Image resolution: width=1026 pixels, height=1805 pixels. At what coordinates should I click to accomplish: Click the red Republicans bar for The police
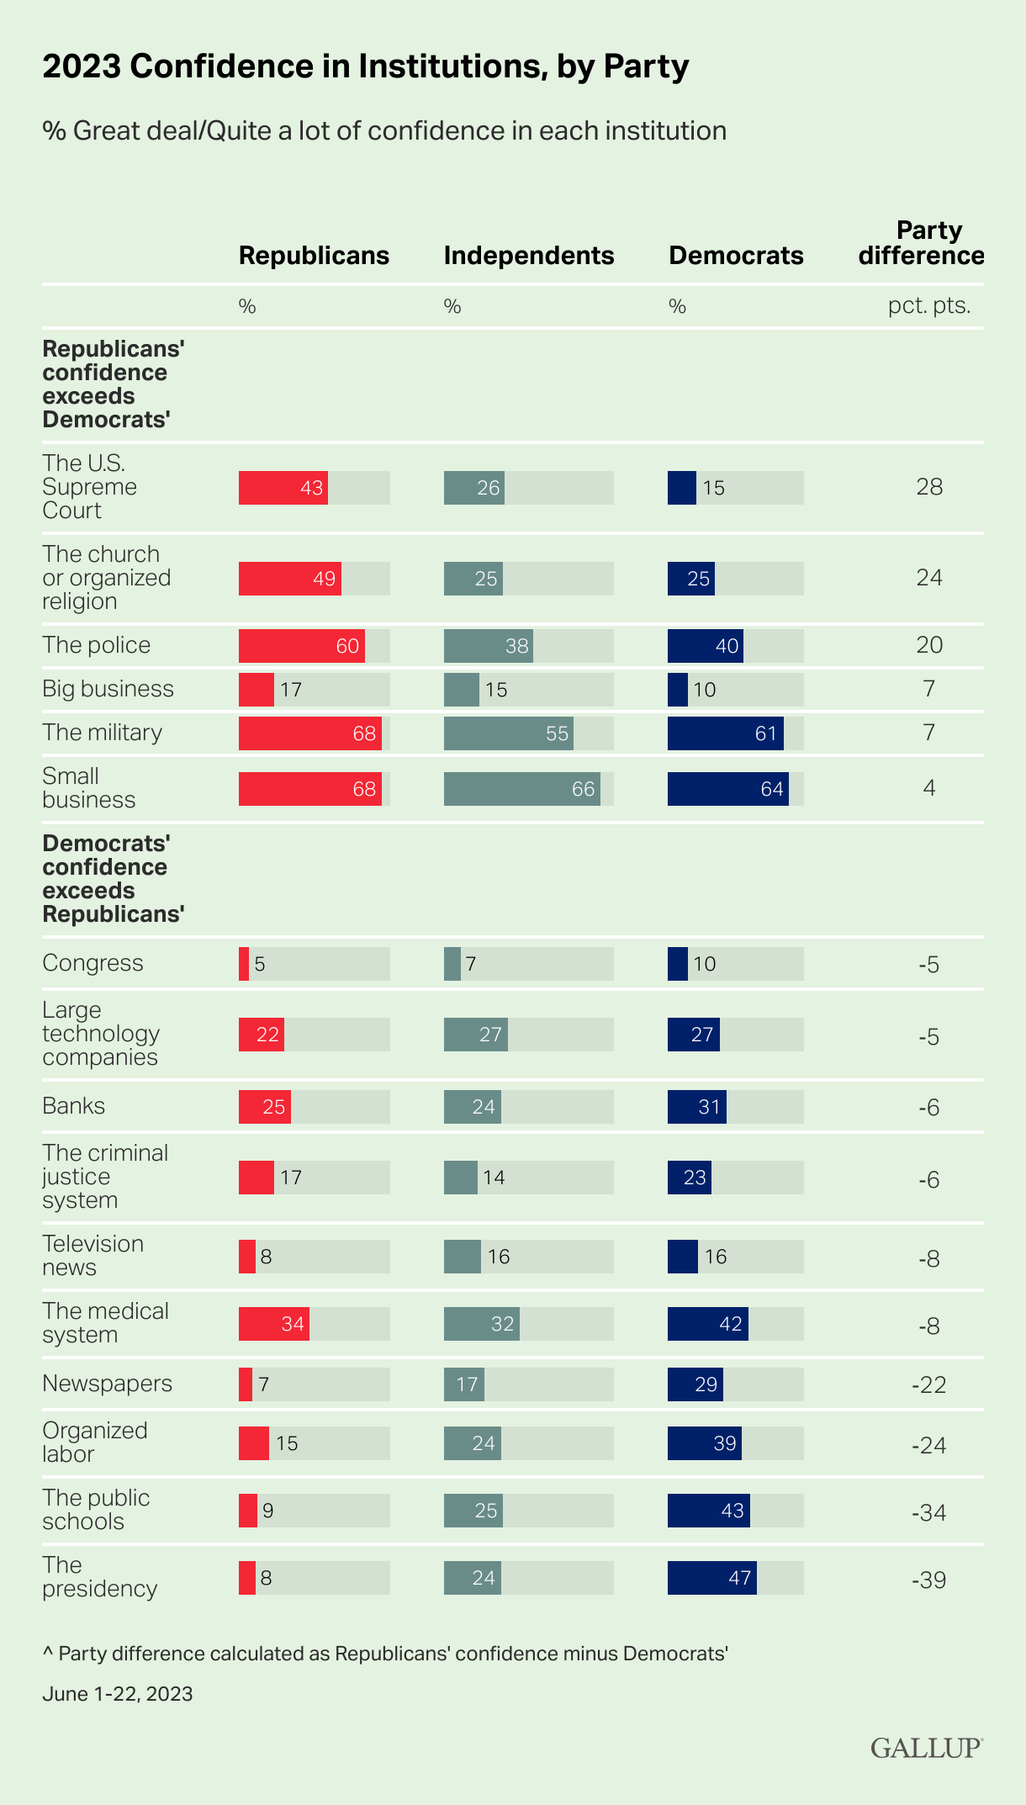301,646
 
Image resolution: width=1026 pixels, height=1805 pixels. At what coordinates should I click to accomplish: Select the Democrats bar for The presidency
711,1578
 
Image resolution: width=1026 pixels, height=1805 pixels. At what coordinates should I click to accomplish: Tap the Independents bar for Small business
521,789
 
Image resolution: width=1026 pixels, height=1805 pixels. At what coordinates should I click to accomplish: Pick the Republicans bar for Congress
244,964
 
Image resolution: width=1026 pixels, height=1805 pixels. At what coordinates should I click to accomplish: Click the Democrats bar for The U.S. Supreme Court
682,488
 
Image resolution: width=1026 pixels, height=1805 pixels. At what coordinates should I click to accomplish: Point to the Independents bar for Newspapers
463,1384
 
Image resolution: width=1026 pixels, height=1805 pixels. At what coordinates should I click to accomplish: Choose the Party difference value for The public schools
928,1512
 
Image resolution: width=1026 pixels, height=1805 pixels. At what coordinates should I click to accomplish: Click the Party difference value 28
929,487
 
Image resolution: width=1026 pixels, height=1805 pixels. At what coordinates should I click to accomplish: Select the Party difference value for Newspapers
928,1384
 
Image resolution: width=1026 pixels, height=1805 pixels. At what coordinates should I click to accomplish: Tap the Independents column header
529,256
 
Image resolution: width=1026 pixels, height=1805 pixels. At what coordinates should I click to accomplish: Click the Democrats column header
736,256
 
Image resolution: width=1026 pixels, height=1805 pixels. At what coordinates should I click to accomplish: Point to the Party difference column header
922,243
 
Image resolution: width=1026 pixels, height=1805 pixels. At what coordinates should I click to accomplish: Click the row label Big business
108,689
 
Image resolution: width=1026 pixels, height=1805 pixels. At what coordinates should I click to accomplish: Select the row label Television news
93,1256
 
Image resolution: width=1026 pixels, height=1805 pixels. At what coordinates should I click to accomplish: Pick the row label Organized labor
94,1442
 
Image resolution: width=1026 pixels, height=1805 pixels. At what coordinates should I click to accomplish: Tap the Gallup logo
926,1748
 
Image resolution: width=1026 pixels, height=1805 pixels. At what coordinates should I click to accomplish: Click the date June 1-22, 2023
118,1693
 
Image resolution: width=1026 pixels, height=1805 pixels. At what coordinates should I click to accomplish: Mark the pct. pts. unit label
929,305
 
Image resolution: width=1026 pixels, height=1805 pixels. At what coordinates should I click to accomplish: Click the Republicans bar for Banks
264,1107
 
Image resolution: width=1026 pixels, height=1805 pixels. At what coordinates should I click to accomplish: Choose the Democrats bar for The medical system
707,1324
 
